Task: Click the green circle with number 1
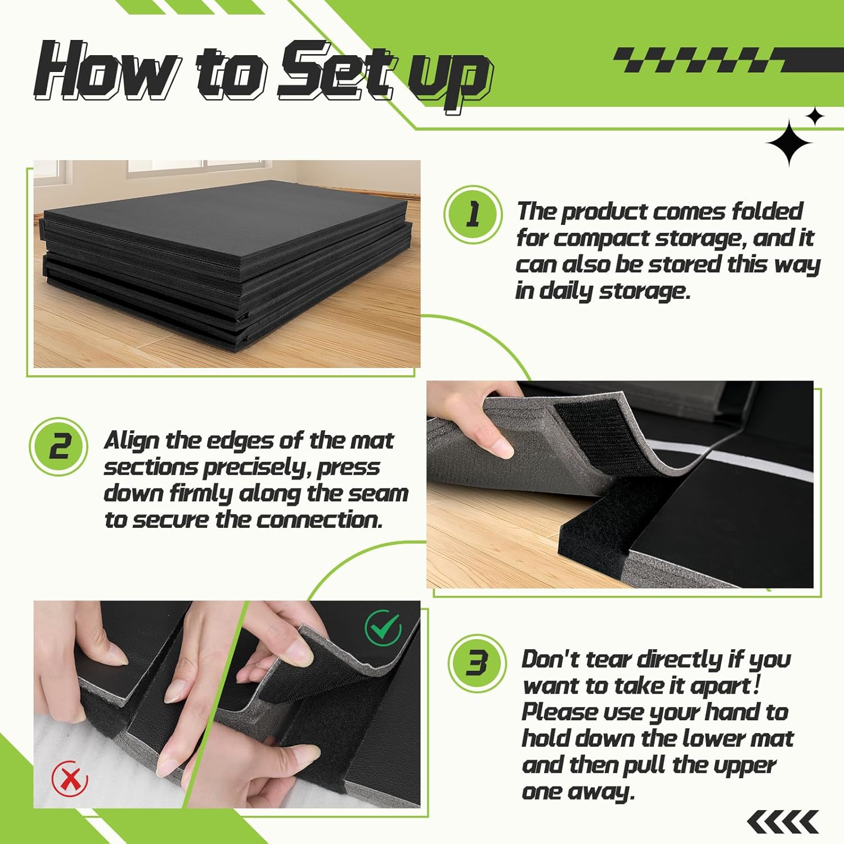pyautogui.click(x=473, y=214)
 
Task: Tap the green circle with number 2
pyautogui.click(x=59, y=447)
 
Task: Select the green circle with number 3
pyautogui.click(x=477, y=664)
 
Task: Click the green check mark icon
pyautogui.click(x=383, y=628)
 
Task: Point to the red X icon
pyautogui.click(x=70, y=778)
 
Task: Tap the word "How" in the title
pyautogui.click(x=107, y=70)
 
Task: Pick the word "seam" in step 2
pyautogui.click(x=379, y=493)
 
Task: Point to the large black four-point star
pyautogui.click(x=789, y=143)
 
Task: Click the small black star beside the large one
pyautogui.click(x=814, y=116)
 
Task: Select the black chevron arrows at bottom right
pyautogui.click(x=783, y=822)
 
